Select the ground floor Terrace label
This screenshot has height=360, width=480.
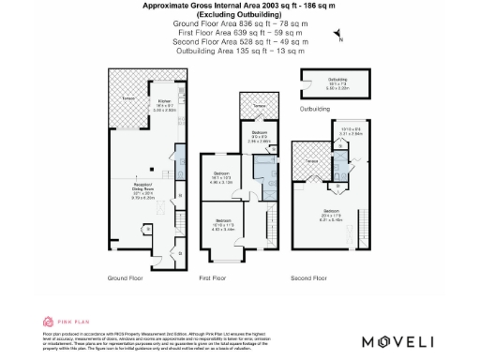(128, 97)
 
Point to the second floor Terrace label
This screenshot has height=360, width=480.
(312, 161)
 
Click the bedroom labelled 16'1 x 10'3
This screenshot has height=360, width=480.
(221, 178)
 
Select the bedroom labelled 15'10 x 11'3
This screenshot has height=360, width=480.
(221, 225)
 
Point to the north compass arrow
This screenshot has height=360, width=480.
(339, 38)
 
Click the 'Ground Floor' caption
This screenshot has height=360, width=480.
(124, 278)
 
